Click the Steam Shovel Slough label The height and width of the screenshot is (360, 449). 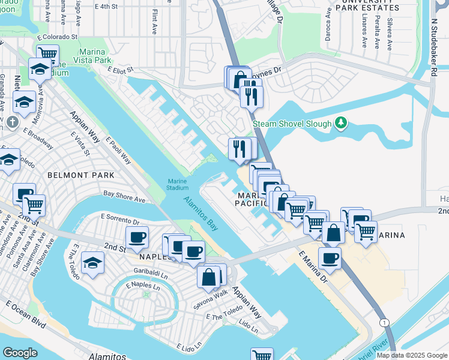coord(292,124)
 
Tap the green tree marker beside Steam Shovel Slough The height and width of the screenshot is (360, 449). coord(341,124)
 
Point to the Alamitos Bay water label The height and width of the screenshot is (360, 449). coord(200,213)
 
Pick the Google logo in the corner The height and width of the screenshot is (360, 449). coord(21,353)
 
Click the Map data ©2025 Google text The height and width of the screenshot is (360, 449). coord(412,355)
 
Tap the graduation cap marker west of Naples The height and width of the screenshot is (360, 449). coord(92,263)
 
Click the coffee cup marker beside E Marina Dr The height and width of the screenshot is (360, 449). coord(330,259)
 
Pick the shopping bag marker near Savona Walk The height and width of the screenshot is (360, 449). coord(209,277)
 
